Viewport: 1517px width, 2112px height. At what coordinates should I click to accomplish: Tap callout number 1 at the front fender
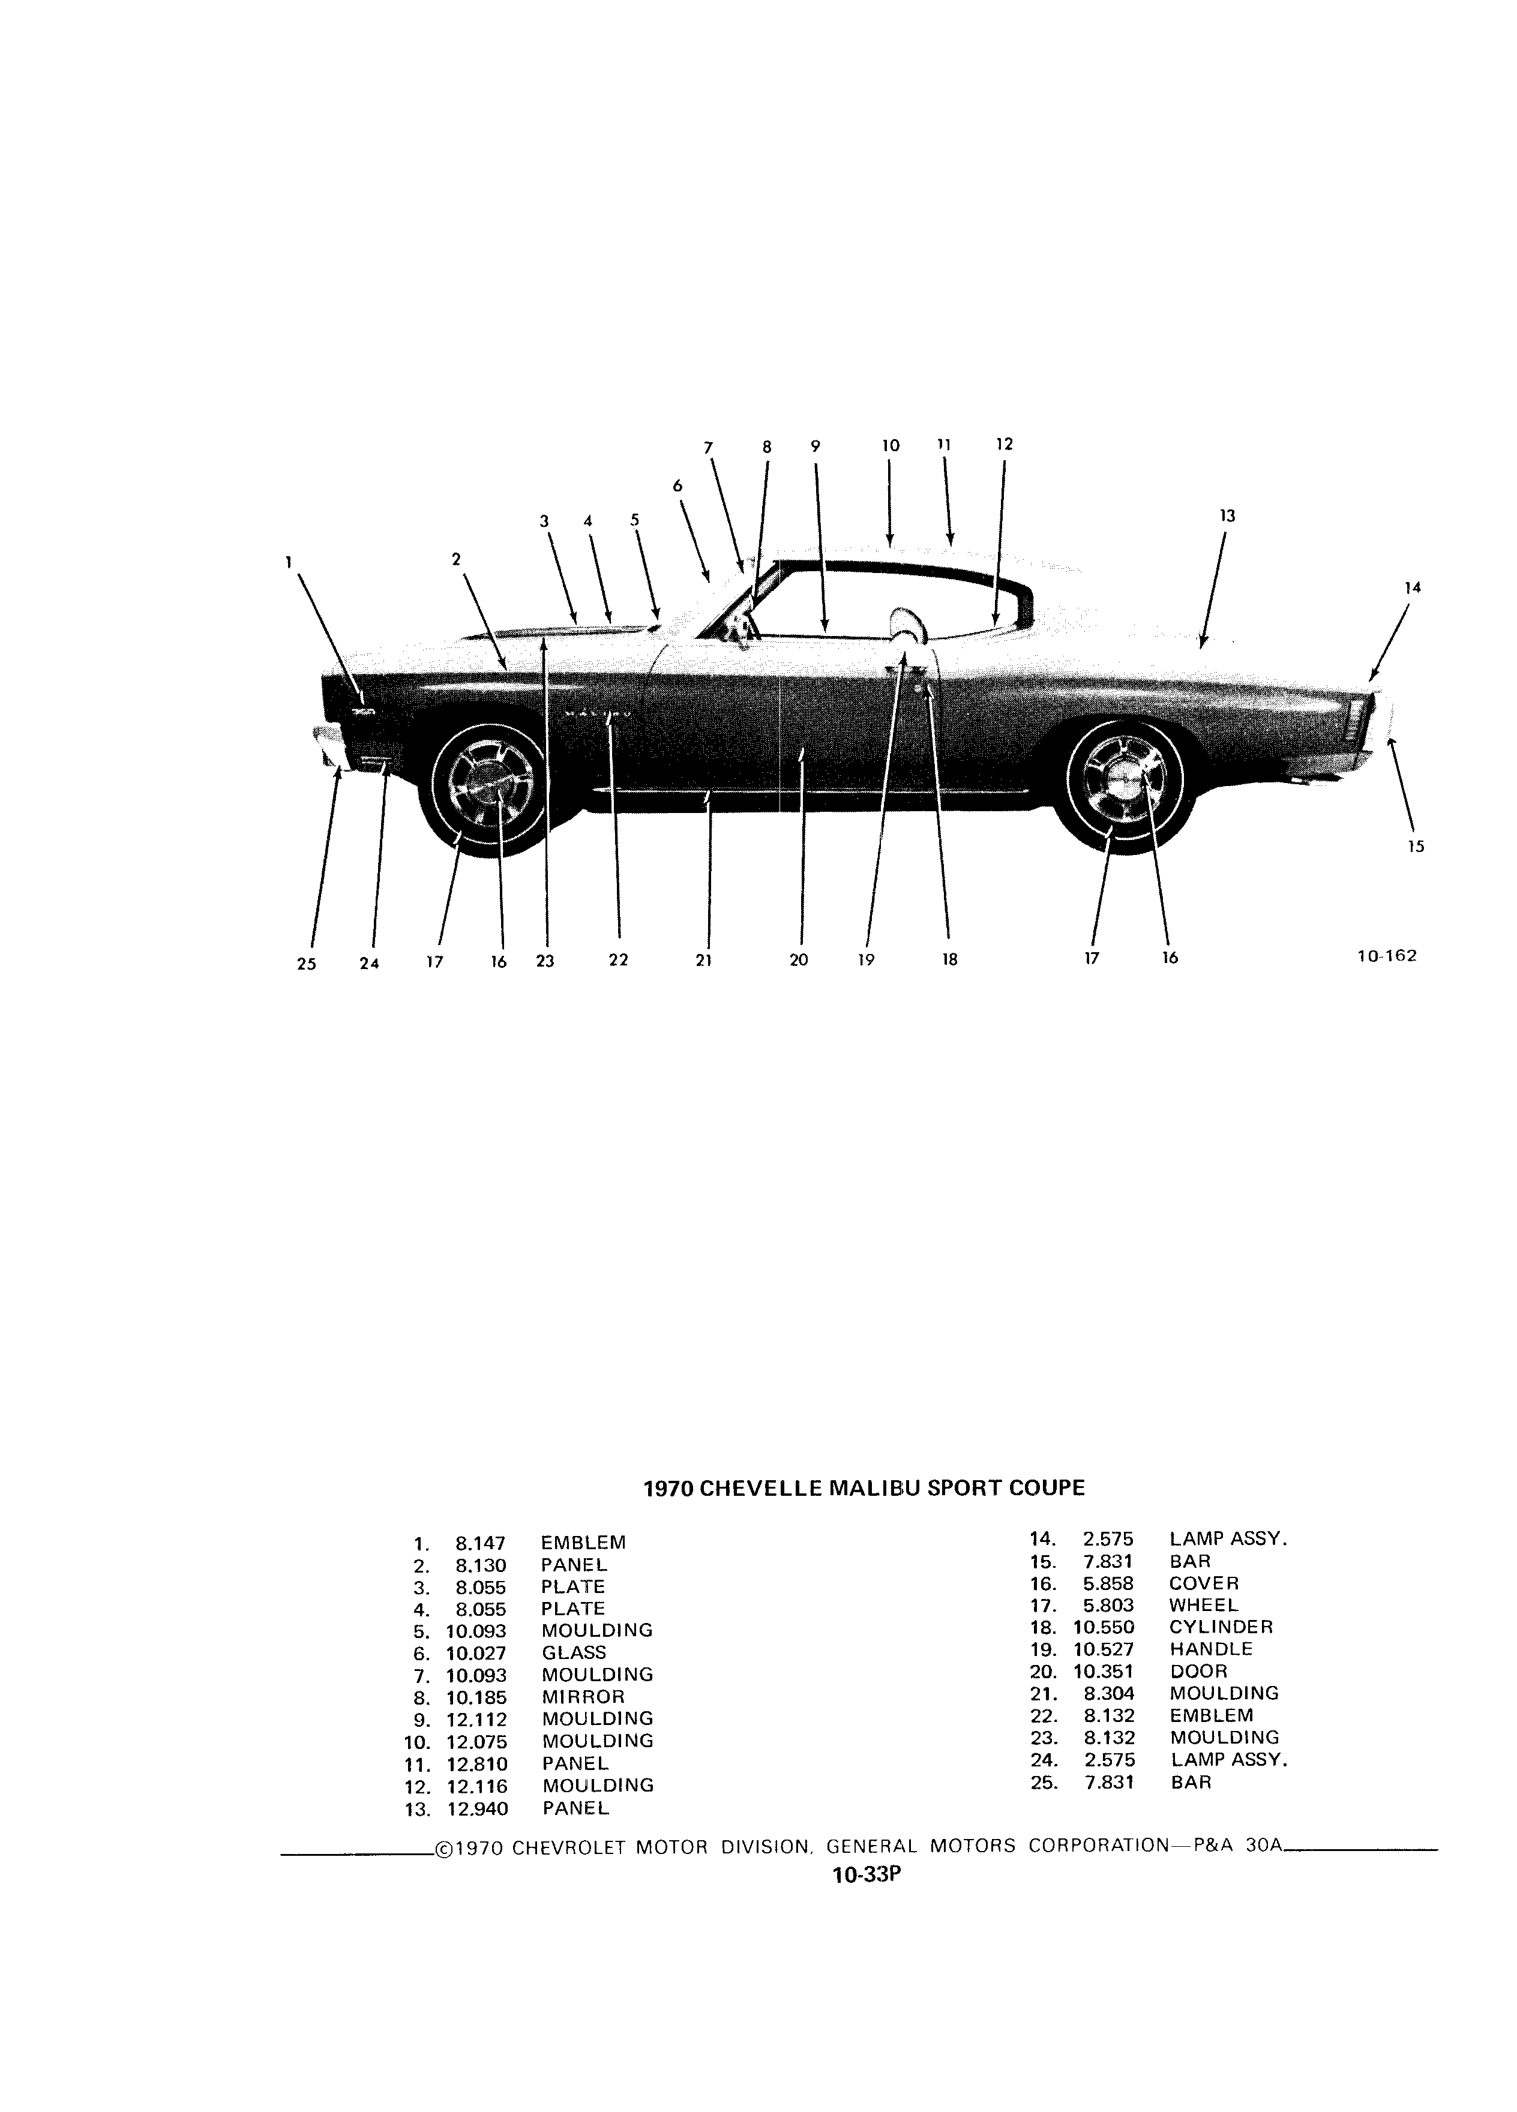289,562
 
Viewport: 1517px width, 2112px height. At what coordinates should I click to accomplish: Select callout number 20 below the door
799,959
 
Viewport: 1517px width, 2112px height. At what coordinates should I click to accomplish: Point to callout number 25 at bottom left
307,964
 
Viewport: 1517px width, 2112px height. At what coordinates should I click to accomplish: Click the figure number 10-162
1387,955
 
